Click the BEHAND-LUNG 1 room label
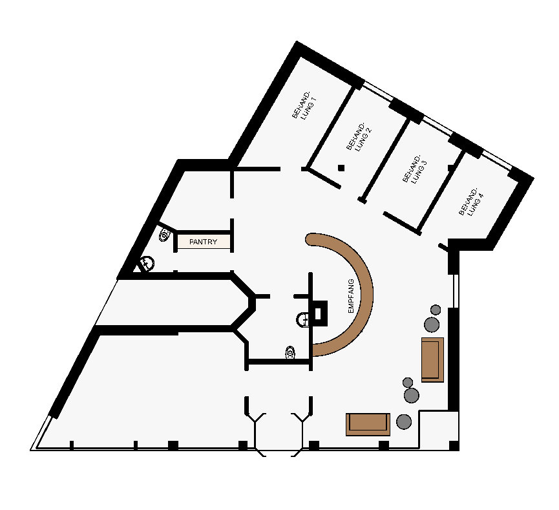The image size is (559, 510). (x=304, y=105)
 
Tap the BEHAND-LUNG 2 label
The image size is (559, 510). (x=359, y=136)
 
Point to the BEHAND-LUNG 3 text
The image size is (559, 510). (x=415, y=169)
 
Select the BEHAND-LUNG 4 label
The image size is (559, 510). (x=471, y=202)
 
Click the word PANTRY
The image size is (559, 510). (x=203, y=242)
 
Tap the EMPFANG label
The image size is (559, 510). (x=351, y=296)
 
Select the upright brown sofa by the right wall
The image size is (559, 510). (x=432, y=359)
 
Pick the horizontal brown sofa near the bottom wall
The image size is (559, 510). (x=368, y=425)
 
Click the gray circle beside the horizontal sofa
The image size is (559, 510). (x=404, y=421)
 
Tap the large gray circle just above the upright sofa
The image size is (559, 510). (x=432, y=324)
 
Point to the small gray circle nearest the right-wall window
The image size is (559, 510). (x=436, y=310)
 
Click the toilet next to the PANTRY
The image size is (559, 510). (x=164, y=235)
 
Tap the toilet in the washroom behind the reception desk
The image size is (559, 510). (x=291, y=353)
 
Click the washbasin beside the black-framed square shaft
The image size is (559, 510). (x=302, y=319)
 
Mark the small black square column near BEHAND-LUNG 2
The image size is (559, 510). (x=341, y=167)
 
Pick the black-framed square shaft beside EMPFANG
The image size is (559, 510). (x=318, y=313)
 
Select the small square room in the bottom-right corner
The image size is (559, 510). (x=439, y=429)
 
